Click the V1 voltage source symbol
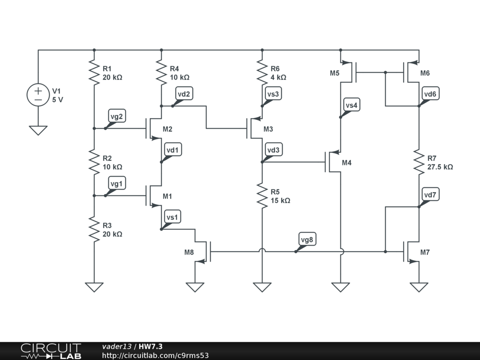[x=38, y=95]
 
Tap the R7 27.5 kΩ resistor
[x=419, y=162]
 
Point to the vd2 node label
[x=184, y=94]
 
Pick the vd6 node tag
[x=430, y=94]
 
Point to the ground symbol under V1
[x=38, y=130]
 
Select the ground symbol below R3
[x=94, y=286]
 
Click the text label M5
[x=334, y=73]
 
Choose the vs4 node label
[x=351, y=105]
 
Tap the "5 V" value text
[x=57, y=99]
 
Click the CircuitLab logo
[x=51, y=351]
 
